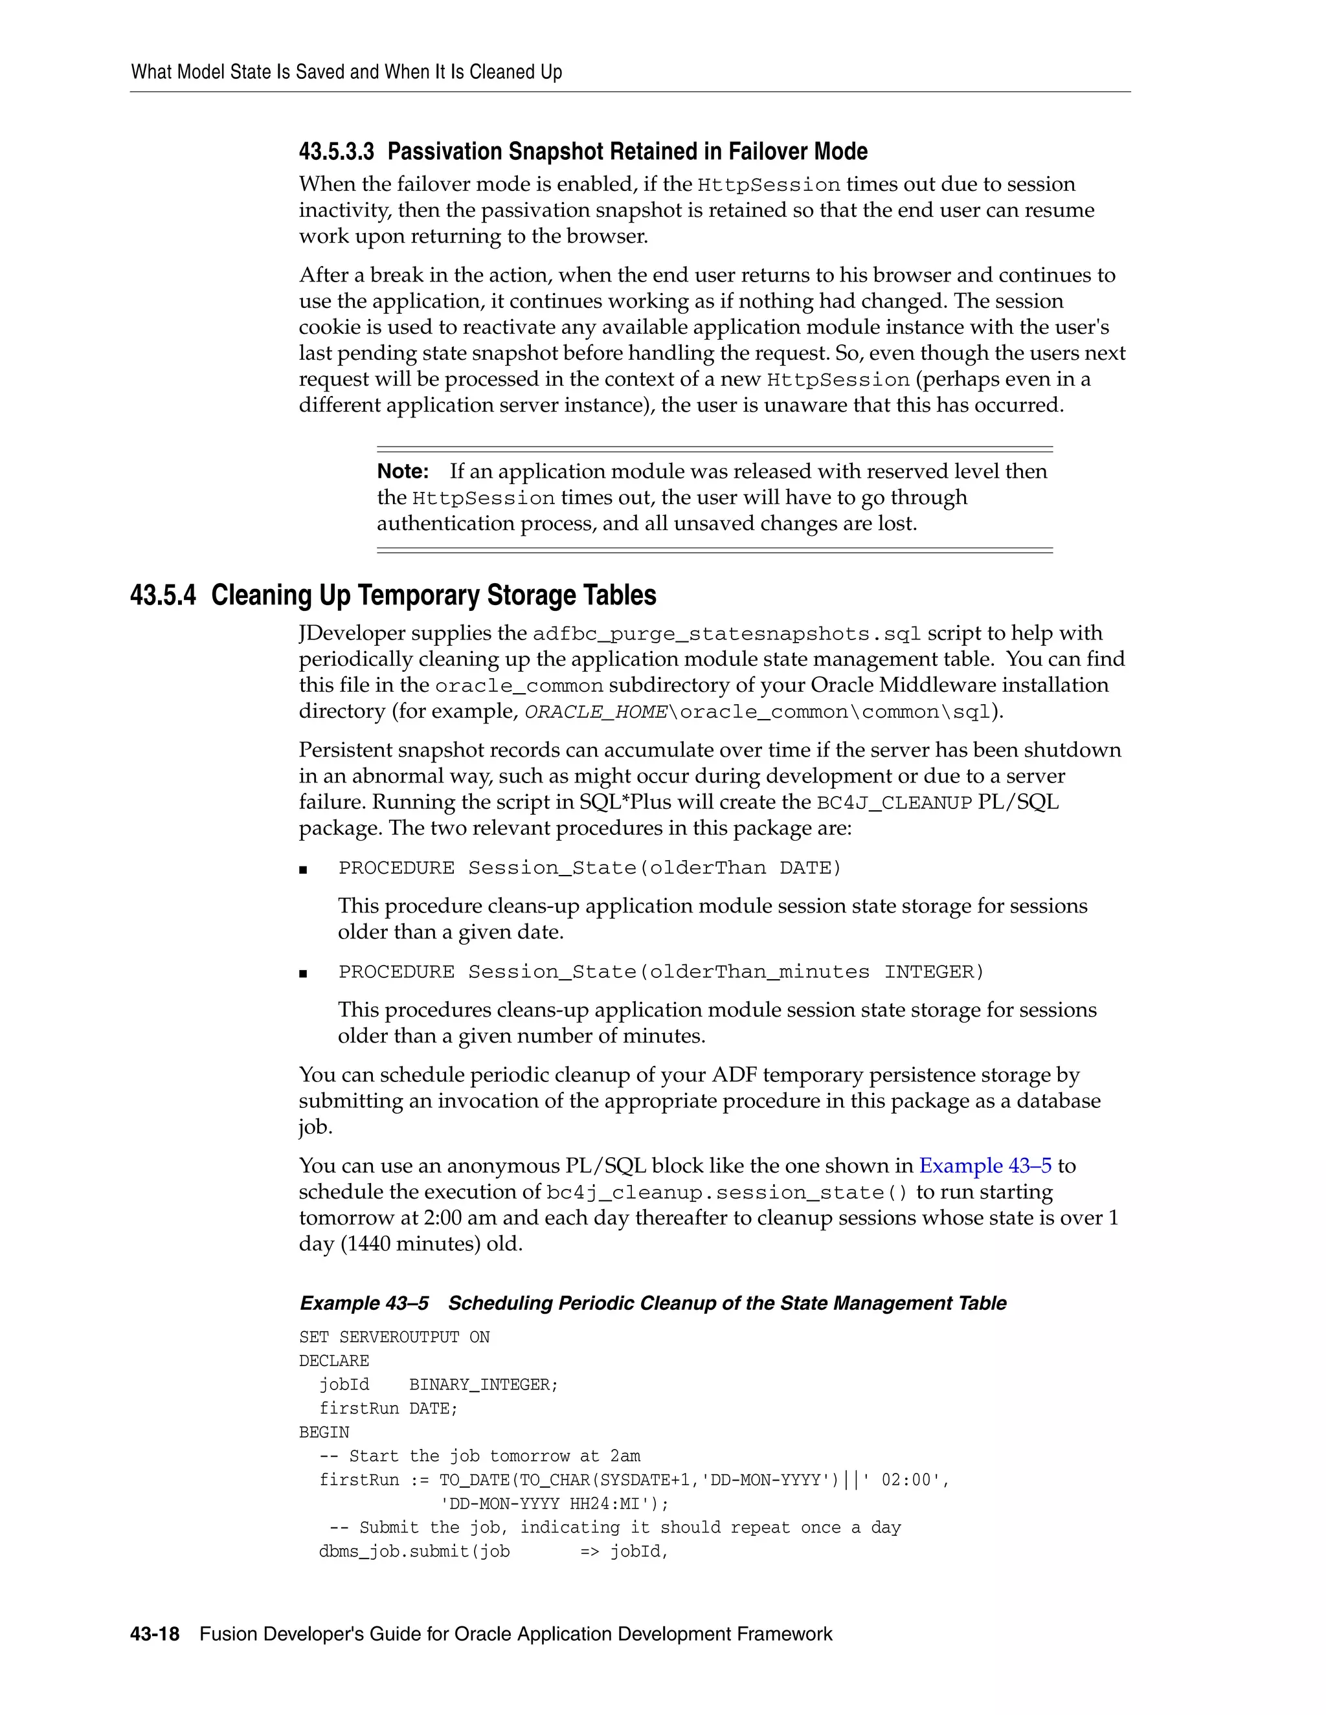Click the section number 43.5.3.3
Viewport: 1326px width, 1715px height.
(336, 151)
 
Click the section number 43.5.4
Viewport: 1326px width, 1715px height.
(163, 595)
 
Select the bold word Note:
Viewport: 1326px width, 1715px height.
(402, 471)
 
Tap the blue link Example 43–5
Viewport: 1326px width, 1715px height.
(985, 1166)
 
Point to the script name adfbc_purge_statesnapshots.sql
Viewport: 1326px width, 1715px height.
(726, 634)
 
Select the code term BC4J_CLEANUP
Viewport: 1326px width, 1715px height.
(895, 802)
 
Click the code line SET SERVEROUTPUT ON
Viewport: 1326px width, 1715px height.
(394, 1337)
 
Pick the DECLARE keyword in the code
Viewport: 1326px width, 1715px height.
(334, 1361)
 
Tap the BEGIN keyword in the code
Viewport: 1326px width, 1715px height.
(324, 1432)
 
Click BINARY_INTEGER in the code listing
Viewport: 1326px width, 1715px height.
(482, 1384)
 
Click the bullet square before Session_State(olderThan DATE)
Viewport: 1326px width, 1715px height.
(303, 869)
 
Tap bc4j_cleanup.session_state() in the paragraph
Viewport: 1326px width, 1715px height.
(726, 1193)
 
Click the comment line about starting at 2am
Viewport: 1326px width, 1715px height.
(480, 1456)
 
